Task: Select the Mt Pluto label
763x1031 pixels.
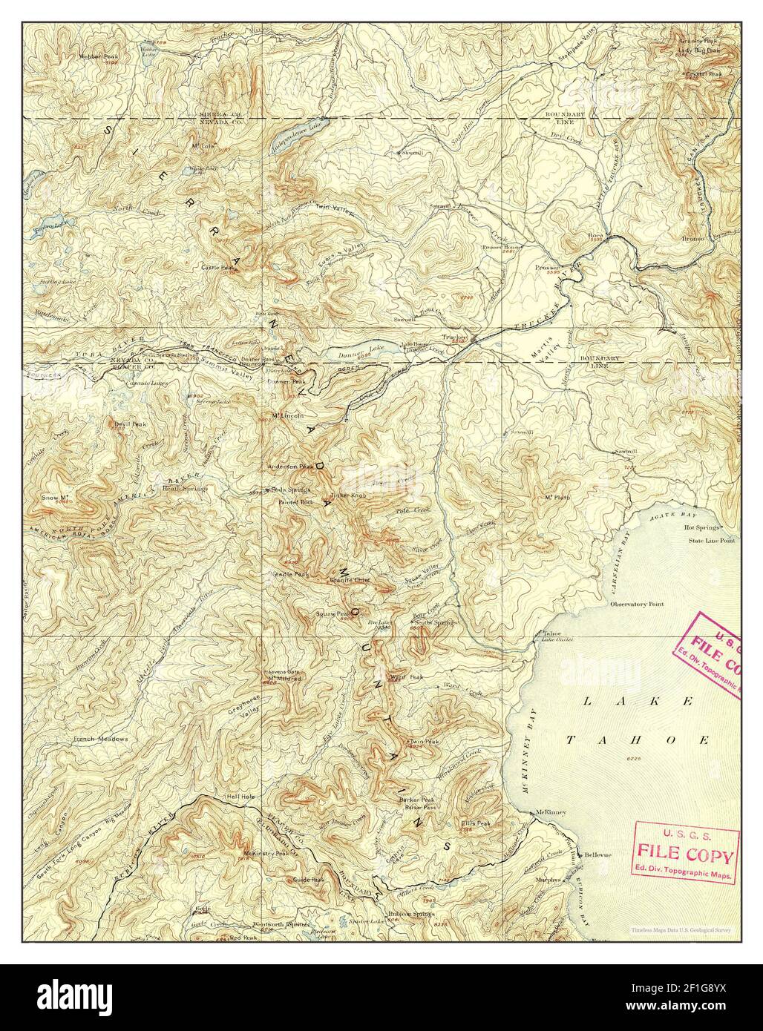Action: tap(557, 498)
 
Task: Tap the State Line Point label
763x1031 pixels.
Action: tap(710, 541)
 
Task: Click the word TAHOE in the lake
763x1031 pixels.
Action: tap(638, 740)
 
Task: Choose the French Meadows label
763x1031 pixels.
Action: tap(101, 740)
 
